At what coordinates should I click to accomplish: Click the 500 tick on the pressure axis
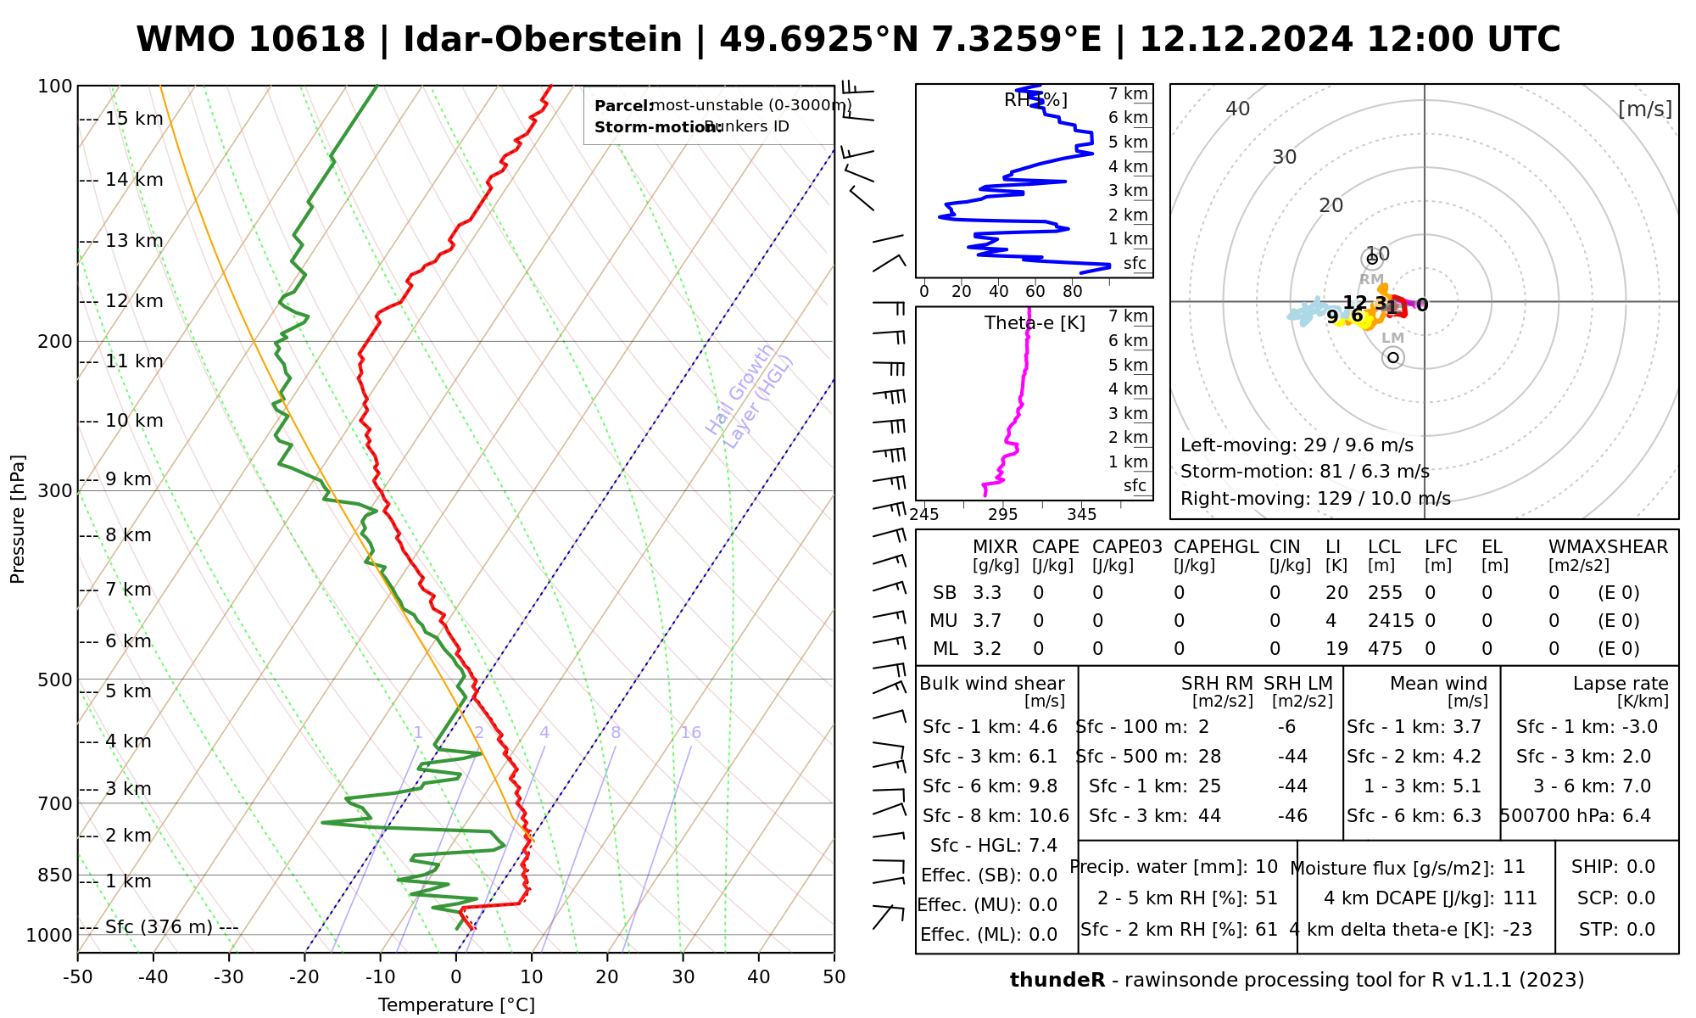point(54,680)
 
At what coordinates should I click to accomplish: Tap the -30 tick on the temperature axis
point(229,977)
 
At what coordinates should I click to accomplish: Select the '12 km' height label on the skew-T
point(134,301)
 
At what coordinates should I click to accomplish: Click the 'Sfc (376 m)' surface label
point(159,927)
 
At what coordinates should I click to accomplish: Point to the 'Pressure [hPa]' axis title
point(18,519)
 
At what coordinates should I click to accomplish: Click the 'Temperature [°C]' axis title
point(456,1005)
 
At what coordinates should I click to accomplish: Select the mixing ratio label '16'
point(690,733)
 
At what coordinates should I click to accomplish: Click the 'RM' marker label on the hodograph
point(1371,279)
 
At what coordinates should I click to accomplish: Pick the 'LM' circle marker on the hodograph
point(1392,358)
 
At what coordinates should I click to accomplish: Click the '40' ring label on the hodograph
point(1238,109)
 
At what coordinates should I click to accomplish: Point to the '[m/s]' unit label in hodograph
point(1645,109)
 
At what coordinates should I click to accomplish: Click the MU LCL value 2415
point(1391,621)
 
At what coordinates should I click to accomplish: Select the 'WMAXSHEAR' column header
point(1608,547)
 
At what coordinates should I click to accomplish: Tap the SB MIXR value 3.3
point(987,593)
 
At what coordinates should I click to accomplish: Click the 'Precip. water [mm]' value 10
point(1266,867)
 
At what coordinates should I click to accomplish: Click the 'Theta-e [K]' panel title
point(1035,323)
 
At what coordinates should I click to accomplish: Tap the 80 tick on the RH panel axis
point(1073,292)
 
